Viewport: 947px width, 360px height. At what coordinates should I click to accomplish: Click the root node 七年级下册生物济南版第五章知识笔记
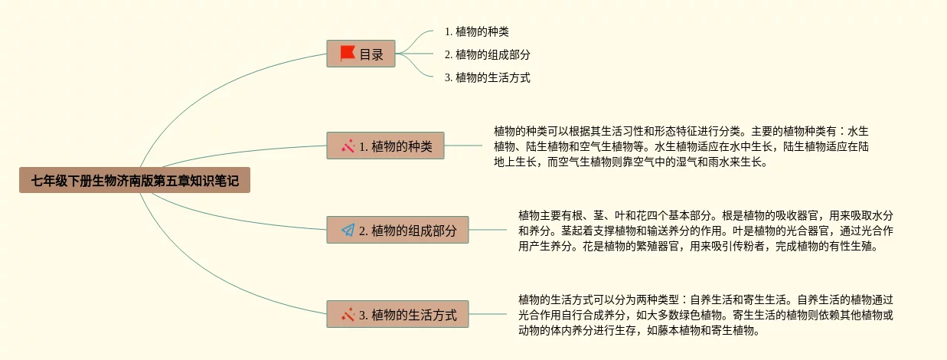tap(135, 182)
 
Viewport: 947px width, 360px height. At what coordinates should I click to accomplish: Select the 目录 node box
tap(361, 54)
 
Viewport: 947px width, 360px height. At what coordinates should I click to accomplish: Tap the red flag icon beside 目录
tap(348, 54)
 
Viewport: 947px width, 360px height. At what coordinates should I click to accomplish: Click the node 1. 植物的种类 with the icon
tap(385, 146)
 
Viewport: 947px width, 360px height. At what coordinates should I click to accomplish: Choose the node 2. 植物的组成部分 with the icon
tap(397, 230)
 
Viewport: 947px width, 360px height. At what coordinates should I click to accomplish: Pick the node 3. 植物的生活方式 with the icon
tap(397, 314)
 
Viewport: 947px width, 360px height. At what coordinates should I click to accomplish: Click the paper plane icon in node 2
tap(348, 230)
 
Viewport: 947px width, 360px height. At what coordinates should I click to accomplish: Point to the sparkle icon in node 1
tap(348, 146)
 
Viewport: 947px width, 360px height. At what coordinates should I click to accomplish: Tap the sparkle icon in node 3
tap(348, 314)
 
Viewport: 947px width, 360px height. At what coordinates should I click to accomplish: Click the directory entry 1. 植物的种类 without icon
tap(476, 31)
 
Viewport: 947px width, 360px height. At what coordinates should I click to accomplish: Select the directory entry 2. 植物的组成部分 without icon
tap(487, 54)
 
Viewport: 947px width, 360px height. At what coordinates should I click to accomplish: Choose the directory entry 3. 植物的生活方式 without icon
tap(487, 77)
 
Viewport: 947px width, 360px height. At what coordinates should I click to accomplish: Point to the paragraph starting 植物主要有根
tap(705, 231)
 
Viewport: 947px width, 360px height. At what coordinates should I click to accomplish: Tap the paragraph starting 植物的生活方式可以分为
tap(705, 315)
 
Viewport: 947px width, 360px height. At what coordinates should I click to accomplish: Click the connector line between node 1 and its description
tap(463, 146)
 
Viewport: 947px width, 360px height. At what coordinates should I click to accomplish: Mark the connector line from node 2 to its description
tap(488, 230)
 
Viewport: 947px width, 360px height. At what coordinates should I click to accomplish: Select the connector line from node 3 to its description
tap(488, 314)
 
